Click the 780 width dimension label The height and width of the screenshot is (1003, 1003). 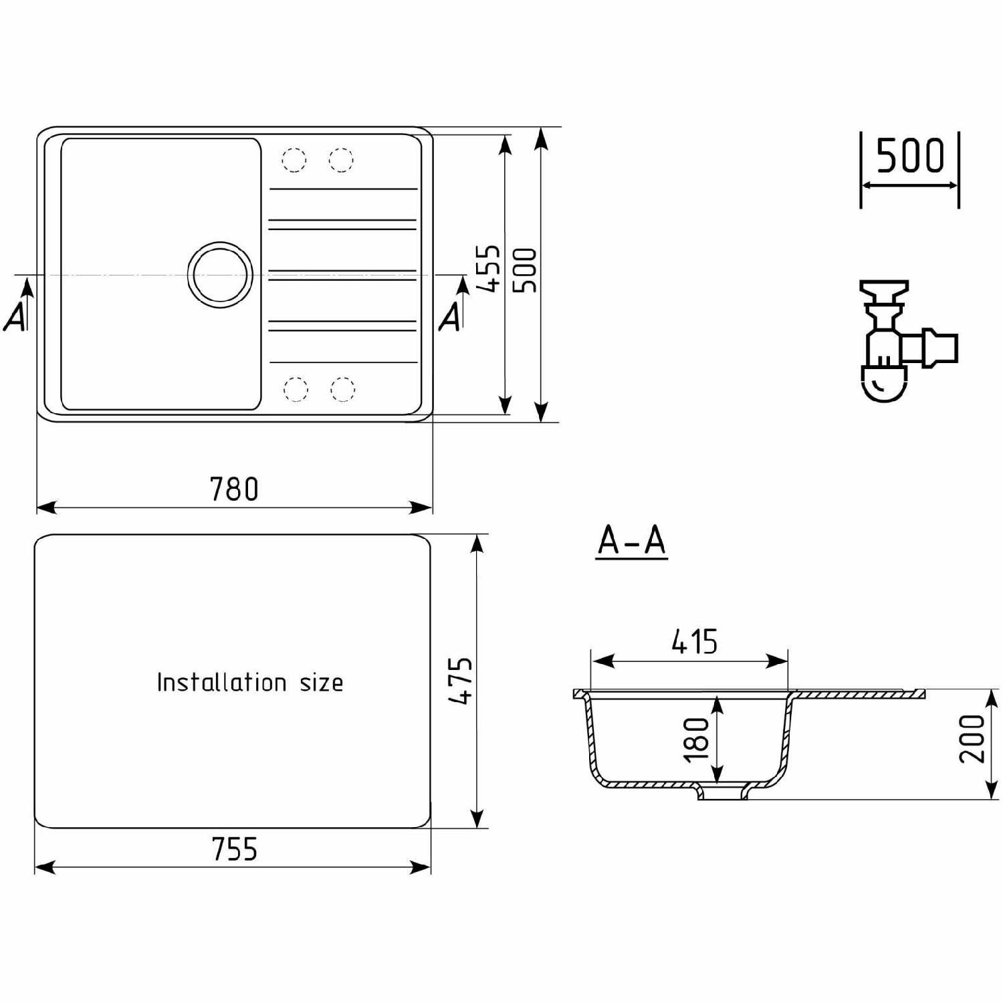click(x=234, y=489)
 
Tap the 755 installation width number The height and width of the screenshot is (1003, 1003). click(x=234, y=849)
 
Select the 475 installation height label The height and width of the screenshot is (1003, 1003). click(x=461, y=681)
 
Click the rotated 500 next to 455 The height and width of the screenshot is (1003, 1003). click(x=525, y=270)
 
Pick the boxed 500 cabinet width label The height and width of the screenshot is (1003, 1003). click(x=909, y=155)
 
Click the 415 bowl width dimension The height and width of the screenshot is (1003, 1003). click(x=695, y=642)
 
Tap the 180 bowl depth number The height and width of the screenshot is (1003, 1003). click(x=696, y=740)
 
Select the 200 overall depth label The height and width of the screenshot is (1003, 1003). click(x=972, y=739)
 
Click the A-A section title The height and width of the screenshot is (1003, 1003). click(x=632, y=540)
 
